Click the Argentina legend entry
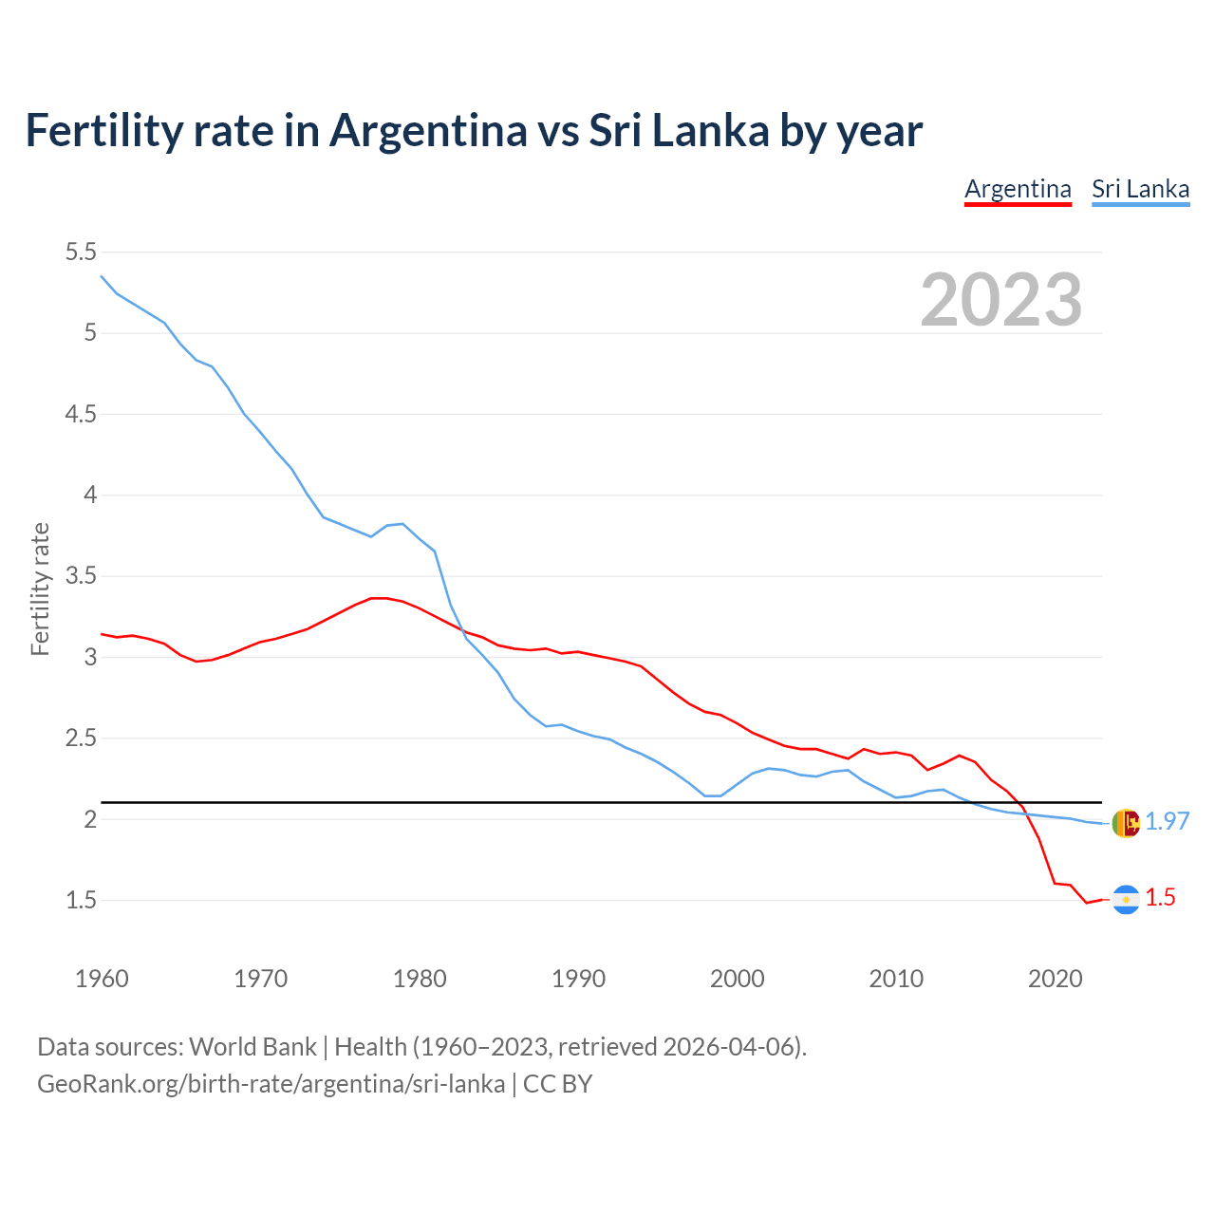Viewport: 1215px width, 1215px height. pos(1018,189)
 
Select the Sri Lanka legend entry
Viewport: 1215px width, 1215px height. pos(1140,189)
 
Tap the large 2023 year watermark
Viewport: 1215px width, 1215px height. pos(1001,300)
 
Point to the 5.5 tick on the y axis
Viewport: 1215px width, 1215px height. pos(81,252)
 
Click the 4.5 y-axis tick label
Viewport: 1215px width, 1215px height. pos(81,414)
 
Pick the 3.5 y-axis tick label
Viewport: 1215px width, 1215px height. pos(81,576)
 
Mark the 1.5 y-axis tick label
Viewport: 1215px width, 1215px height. pos(81,900)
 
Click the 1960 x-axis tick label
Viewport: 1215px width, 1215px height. pos(102,979)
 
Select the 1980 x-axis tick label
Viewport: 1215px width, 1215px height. pos(420,979)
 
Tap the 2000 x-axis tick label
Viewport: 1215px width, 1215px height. pos(737,979)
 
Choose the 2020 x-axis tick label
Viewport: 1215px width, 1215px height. pos(1055,979)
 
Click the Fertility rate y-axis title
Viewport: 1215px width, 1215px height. pos(40,589)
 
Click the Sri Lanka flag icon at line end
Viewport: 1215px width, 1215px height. pos(1126,823)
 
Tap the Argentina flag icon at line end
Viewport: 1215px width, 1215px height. pos(1126,899)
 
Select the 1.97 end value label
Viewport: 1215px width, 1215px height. pos(1167,822)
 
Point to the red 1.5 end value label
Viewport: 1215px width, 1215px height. pos(1160,898)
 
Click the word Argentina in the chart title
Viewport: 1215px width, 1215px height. pos(428,130)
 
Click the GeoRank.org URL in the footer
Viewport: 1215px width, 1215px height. pos(271,1084)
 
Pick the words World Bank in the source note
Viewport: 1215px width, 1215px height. pos(252,1046)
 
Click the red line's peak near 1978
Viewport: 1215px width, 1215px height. pos(380,598)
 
